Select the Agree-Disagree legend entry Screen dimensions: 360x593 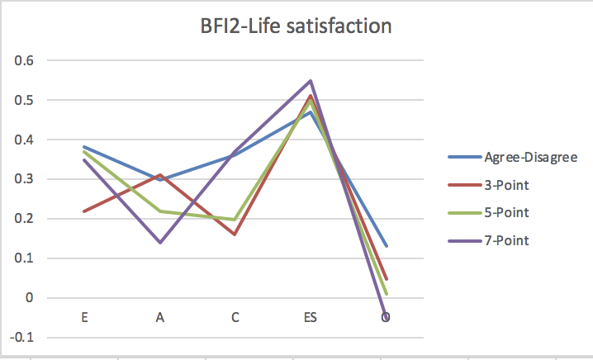click(x=513, y=156)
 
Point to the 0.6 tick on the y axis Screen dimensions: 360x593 click(x=26, y=60)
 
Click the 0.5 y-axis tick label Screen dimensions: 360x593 click(x=26, y=100)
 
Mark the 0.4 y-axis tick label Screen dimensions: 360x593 click(x=26, y=140)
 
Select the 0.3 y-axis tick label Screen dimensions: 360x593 click(x=26, y=179)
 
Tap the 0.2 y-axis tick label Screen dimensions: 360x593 click(x=26, y=219)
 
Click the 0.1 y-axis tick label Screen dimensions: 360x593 click(x=26, y=258)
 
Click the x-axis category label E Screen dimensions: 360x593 click(x=85, y=317)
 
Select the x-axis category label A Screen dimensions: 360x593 click(x=160, y=317)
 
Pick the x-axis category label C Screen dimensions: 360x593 click(x=235, y=317)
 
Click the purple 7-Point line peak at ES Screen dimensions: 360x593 click(x=311, y=81)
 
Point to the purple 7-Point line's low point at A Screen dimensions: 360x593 click(x=160, y=243)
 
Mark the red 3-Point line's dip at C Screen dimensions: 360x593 click(x=235, y=234)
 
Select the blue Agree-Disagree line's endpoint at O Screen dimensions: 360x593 click(x=386, y=246)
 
